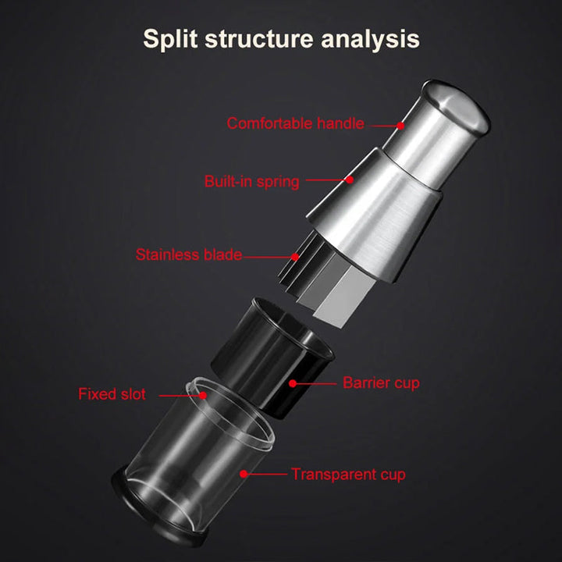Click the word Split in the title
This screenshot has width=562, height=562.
click(173, 38)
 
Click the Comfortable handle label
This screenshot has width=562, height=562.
click(295, 123)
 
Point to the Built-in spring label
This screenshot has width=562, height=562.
click(251, 182)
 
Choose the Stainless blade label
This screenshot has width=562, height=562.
click(189, 254)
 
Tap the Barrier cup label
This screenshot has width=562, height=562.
click(381, 382)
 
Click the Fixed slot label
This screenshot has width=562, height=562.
click(112, 394)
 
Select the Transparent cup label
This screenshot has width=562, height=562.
click(348, 474)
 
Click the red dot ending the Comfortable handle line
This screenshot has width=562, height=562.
click(400, 124)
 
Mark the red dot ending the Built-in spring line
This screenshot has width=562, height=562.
click(350, 180)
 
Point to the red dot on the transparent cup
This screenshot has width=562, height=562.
click(243, 473)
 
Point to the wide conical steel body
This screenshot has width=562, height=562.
click(375, 211)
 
